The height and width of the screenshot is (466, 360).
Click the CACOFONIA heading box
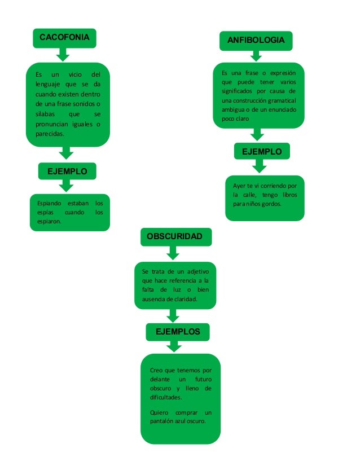[64, 38]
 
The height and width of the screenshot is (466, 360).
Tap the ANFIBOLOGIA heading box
[256, 41]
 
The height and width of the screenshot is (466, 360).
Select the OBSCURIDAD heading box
[174, 237]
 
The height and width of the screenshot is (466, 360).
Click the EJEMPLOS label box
[177, 332]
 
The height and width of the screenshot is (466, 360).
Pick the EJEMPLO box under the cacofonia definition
[66, 171]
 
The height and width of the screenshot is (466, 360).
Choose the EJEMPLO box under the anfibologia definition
[261, 151]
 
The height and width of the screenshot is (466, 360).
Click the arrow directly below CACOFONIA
[64, 54]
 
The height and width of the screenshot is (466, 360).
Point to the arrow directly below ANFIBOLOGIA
[256, 56]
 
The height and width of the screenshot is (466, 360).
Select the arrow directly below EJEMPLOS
[177, 347]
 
